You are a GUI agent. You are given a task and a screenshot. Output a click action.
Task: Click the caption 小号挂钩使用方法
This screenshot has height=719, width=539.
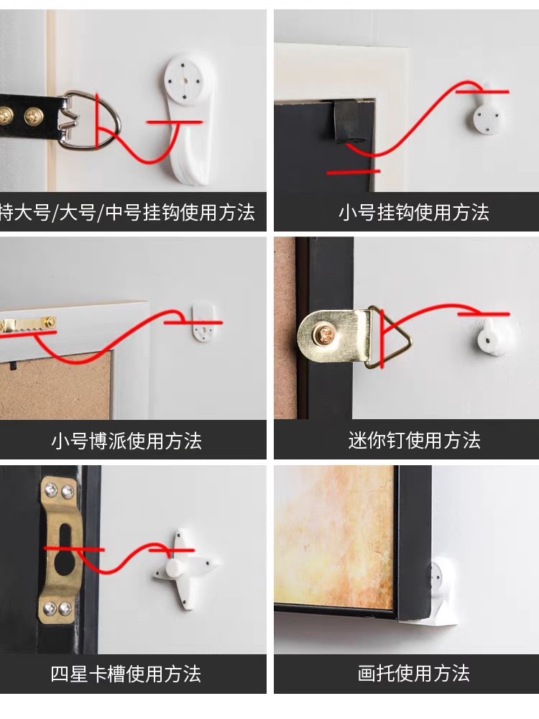pos(414,213)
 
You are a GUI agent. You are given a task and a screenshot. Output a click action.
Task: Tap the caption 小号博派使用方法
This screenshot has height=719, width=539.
pos(126,441)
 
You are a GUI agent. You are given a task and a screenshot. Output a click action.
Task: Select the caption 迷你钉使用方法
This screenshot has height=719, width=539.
pos(415,441)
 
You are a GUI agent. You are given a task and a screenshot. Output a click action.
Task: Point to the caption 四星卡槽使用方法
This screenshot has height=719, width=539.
pos(126,674)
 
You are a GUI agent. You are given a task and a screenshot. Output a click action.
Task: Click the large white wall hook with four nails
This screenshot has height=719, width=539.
pos(185,115)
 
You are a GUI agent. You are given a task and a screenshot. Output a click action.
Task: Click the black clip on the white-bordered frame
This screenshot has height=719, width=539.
pos(346,119)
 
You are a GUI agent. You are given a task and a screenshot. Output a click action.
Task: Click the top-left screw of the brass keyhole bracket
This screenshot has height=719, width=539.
pos(52,491)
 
